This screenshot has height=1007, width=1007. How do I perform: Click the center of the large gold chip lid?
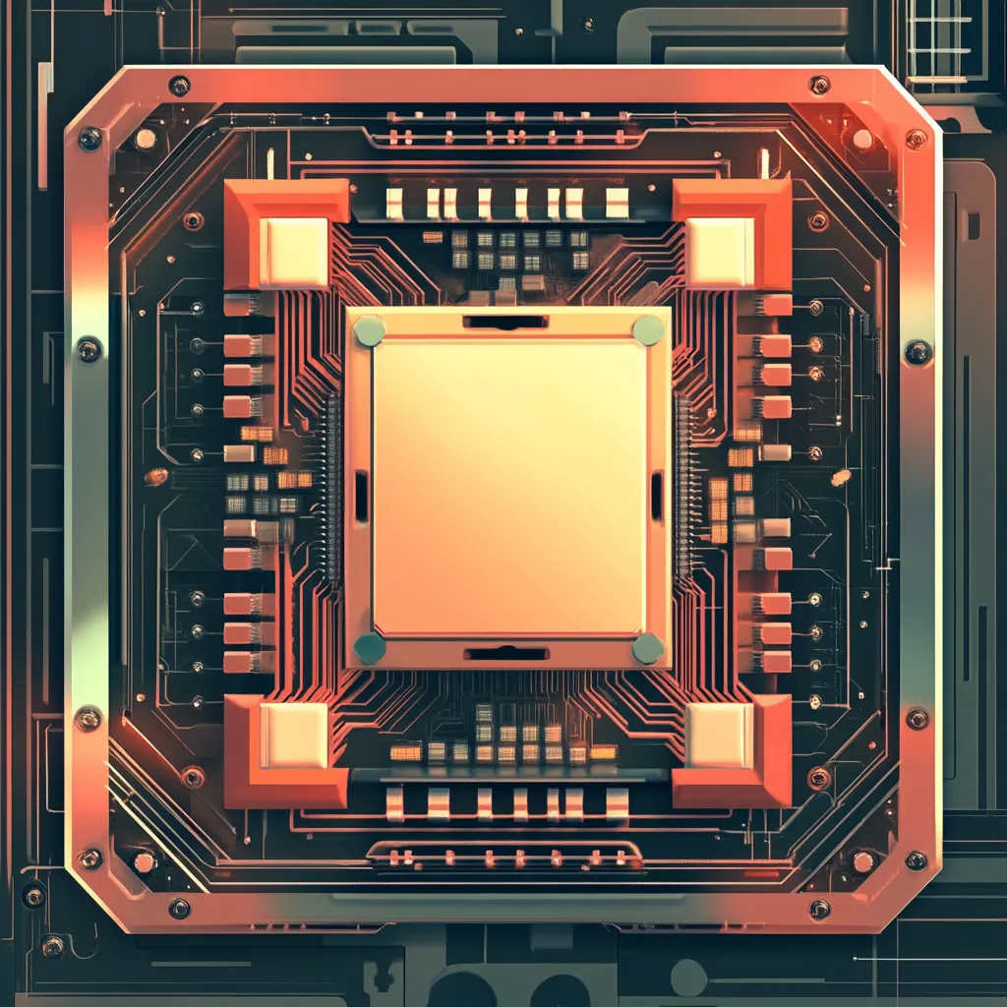point(508,488)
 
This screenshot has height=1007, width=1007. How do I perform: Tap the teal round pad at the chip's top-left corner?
point(370,330)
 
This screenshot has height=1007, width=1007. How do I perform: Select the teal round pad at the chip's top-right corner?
point(648,330)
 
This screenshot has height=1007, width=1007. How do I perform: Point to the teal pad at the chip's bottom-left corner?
point(370,648)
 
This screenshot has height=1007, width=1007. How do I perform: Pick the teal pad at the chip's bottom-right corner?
point(648,648)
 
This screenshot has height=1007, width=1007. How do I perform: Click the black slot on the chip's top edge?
point(505,322)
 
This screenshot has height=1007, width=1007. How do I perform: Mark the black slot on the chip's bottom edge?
point(505,653)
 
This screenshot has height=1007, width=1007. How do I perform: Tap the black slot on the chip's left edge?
point(361,496)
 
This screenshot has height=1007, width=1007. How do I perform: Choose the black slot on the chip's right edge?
point(656,496)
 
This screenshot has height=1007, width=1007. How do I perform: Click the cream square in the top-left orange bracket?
point(294,252)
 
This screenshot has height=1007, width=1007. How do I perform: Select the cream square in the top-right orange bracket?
point(720,252)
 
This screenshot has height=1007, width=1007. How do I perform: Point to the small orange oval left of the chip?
point(156,477)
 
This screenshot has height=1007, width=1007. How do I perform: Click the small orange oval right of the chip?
point(840,478)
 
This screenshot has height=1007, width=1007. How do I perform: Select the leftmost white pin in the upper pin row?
point(394,204)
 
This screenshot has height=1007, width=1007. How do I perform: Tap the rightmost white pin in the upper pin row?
point(617,204)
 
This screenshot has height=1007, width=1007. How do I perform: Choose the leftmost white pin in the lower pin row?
point(394,802)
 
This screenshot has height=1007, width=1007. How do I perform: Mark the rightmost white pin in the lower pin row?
point(617,802)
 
